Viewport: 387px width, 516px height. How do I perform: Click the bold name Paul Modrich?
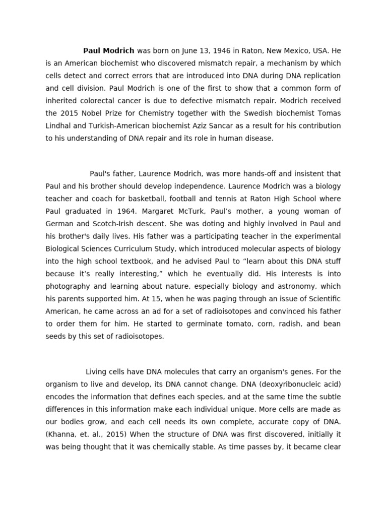click(x=108, y=51)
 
